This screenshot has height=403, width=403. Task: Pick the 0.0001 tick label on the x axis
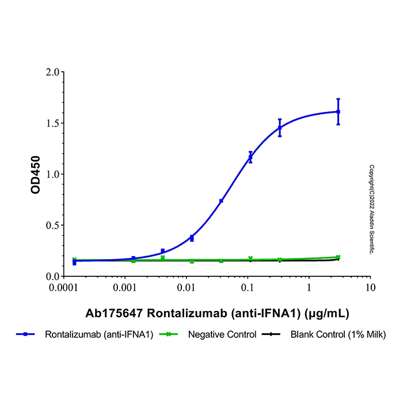pos(63,287)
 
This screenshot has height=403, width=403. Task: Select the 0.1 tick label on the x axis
pos(248,287)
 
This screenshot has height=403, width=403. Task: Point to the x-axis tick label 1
pos(309,287)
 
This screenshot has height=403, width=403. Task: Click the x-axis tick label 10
pos(371,287)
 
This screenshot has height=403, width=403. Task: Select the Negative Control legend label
pos(222,334)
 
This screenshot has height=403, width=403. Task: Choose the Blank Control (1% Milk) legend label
pos(339,334)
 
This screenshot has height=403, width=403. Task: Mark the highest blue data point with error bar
pos(338,112)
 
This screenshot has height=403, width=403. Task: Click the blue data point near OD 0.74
pos(221,200)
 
